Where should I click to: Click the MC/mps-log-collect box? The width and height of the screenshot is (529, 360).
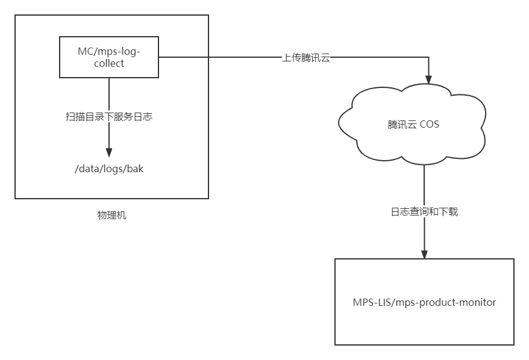point(109,57)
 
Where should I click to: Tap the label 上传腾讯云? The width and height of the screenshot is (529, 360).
point(307,58)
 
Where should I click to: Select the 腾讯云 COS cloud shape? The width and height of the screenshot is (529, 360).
point(413,125)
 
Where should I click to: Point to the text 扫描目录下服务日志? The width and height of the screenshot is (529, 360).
point(109,117)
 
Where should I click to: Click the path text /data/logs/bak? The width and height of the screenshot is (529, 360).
point(109,169)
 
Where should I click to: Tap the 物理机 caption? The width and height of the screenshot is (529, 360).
point(112,216)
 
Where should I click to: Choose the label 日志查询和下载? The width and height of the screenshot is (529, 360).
point(424,212)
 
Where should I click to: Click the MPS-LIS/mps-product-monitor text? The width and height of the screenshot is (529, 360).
point(424,302)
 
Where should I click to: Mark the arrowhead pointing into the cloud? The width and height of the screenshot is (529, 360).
point(429,79)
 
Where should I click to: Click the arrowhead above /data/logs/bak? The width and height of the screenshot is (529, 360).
point(109,152)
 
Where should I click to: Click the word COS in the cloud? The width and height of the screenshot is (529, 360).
point(429,125)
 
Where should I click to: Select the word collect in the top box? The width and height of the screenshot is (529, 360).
point(109,63)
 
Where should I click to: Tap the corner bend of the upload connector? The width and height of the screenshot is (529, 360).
point(429,58)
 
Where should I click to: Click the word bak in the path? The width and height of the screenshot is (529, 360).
point(135,169)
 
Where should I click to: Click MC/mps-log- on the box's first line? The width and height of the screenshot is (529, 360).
point(109,51)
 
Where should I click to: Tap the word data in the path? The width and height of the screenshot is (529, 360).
point(89,169)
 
